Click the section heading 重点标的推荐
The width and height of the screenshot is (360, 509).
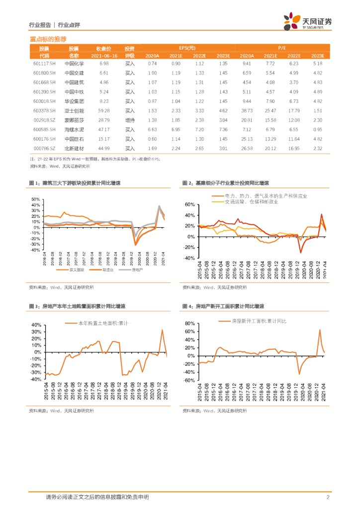48,39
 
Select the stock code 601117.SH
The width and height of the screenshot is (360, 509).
44,64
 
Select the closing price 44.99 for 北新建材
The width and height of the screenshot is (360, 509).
104,148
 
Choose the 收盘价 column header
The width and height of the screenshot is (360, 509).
104,48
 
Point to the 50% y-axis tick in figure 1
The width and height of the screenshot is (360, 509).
35,199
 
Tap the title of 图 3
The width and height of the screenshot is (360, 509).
82,307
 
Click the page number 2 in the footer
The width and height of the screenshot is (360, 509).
328,497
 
